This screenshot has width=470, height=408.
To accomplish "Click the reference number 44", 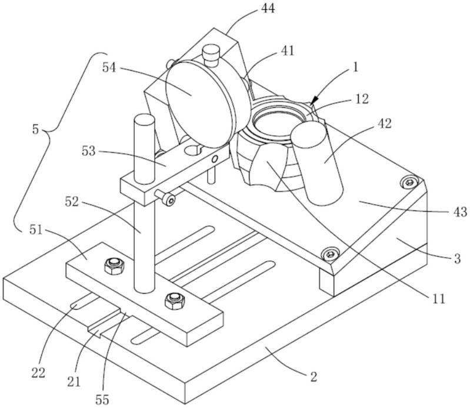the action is click(x=268, y=9).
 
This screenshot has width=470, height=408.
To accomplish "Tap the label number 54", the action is click(x=109, y=68).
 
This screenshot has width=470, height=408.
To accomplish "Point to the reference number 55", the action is click(x=102, y=400).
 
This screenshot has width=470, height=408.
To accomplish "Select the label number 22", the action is click(x=38, y=373).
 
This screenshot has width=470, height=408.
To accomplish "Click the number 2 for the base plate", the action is click(x=313, y=376).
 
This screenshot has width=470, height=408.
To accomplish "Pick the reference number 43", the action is click(x=460, y=212).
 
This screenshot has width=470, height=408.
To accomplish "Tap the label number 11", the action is click(x=438, y=299).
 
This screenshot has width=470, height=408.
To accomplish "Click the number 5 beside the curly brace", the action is click(x=36, y=130).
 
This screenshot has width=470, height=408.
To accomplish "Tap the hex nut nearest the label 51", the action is click(x=114, y=266).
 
